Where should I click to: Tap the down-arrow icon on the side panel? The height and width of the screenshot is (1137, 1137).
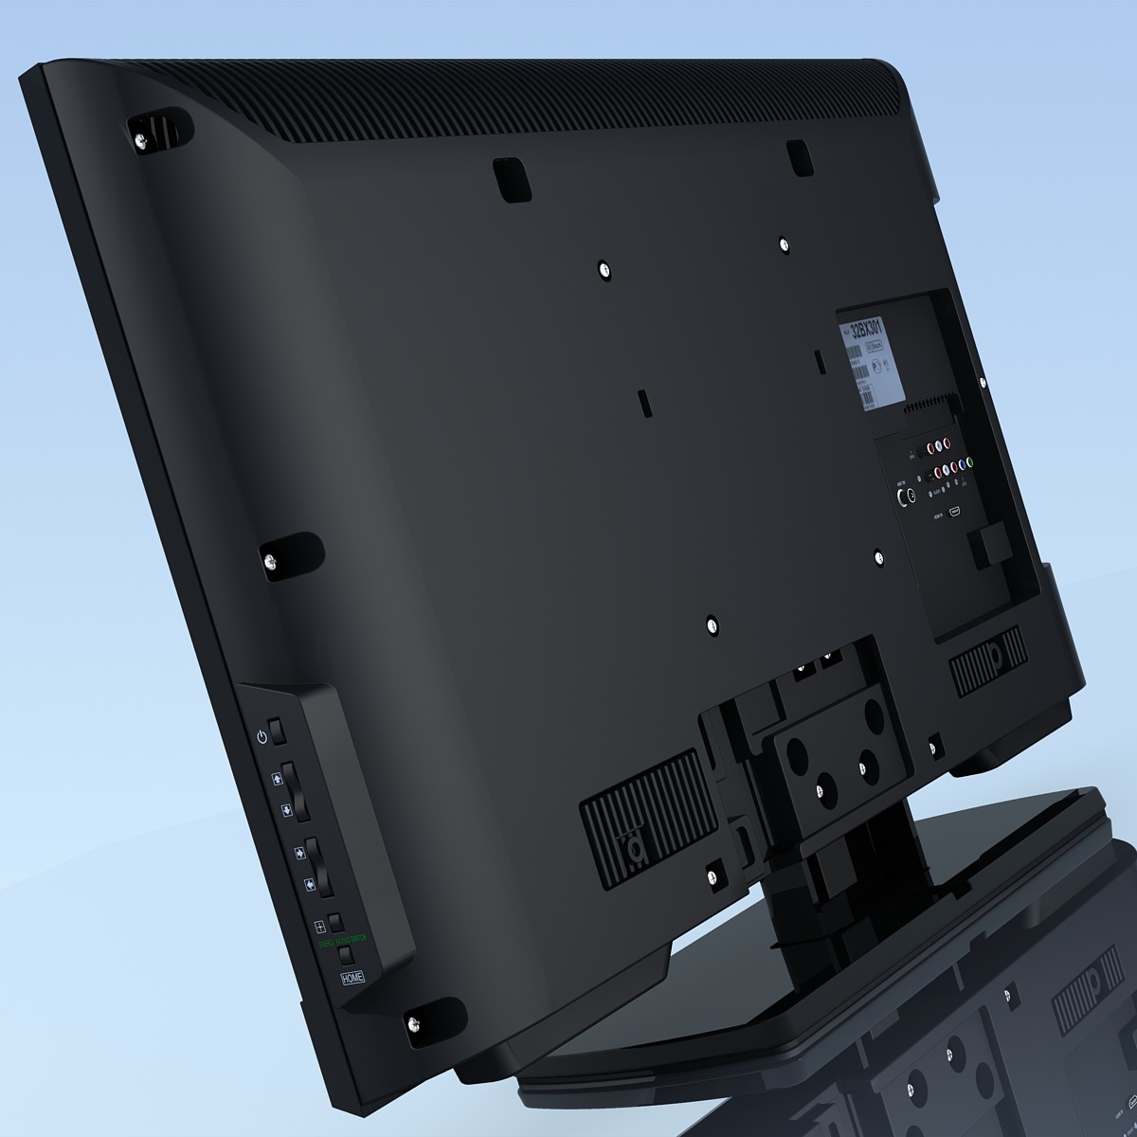click(x=284, y=812)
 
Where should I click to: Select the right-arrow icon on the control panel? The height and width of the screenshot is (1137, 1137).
click(x=299, y=852)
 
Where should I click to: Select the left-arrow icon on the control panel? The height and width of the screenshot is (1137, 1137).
click(x=309, y=886)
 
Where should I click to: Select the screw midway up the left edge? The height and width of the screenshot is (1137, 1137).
click(x=272, y=563)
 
